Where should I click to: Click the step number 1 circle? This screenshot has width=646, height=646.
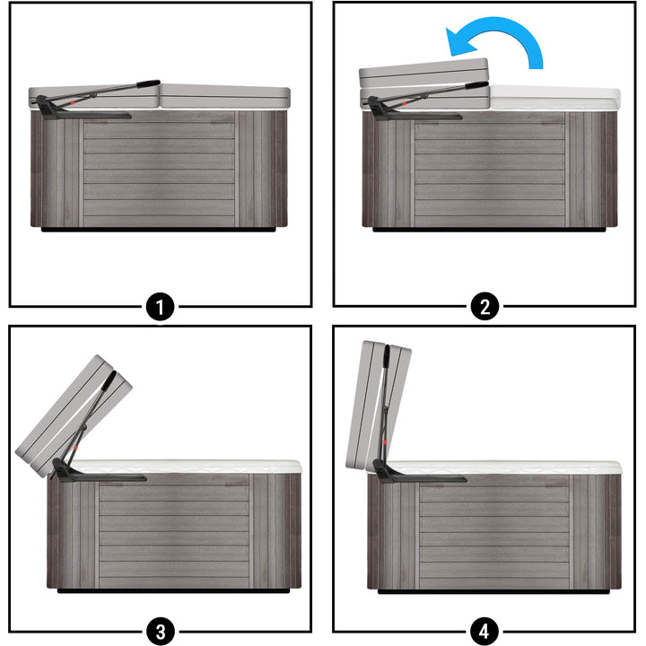pyautogui.click(x=161, y=307)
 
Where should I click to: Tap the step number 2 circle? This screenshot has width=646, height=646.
pyautogui.click(x=484, y=307)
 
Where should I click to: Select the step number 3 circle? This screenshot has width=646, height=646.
pyautogui.click(x=161, y=631)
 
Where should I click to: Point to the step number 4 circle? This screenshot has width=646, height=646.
pyautogui.click(x=484, y=631)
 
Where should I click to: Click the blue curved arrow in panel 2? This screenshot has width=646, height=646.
pyautogui.click(x=507, y=27)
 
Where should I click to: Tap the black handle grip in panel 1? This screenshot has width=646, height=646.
pyautogui.click(x=148, y=83)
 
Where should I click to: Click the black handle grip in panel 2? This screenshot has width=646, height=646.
pyautogui.click(x=476, y=86)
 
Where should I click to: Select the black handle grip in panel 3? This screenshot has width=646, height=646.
pyautogui.click(x=109, y=381)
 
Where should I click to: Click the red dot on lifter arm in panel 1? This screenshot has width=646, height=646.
pyautogui.click(x=72, y=101)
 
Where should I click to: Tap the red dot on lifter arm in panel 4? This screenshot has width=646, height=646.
pyautogui.click(x=385, y=442)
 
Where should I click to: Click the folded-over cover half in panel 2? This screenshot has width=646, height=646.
pyautogui.click(x=423, y=73)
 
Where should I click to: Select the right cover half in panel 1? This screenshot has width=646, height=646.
pyautogui.click(x=225, y=96)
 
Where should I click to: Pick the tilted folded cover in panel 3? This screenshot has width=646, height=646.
pyautogui.click(x=74, y=416)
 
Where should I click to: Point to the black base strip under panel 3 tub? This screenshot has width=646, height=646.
pyautogui.click(x=173, y=590)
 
